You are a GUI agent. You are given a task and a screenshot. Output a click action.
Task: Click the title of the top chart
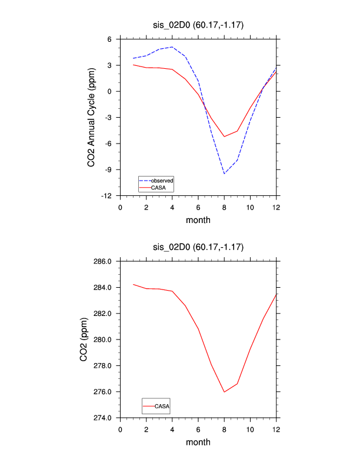tap(198, 25)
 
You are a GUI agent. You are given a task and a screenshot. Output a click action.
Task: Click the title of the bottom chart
tap(198, 247)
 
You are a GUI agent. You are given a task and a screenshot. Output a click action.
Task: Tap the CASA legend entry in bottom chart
tap(162, 406)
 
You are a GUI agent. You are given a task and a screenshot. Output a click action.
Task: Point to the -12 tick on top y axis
tap(109, 195)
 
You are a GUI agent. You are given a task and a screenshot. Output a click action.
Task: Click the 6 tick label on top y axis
tap(111, 39)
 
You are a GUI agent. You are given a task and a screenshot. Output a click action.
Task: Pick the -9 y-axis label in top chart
tap(110, 169)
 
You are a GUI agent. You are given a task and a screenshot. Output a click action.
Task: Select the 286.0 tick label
tap(103, 261)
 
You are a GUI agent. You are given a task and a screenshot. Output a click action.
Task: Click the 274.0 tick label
tap(103, 418)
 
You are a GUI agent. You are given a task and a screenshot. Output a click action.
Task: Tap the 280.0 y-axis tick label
tap(103, 339)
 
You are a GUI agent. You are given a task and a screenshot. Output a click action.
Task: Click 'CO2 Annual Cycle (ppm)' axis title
tap(92, 117)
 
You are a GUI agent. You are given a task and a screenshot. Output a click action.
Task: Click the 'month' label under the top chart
tap(198, 220)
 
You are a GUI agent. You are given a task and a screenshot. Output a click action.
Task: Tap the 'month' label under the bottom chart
tap(198, 442)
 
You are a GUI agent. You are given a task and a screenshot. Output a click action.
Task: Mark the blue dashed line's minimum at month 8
tap(224, 174)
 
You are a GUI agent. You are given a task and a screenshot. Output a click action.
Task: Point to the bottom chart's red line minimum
tap(224, 392)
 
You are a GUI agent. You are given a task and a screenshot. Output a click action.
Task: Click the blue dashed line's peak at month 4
tap(172, 47)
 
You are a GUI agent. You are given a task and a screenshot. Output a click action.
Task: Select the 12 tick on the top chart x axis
tap(276, 207)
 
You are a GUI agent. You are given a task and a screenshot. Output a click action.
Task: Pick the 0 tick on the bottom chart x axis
tap(121, 429)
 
